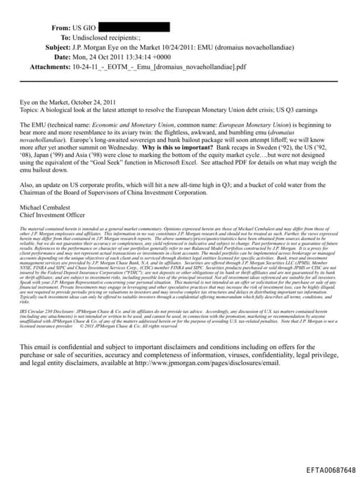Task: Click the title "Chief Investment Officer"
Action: click(56, 216)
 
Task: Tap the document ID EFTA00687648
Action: click(331, 469)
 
